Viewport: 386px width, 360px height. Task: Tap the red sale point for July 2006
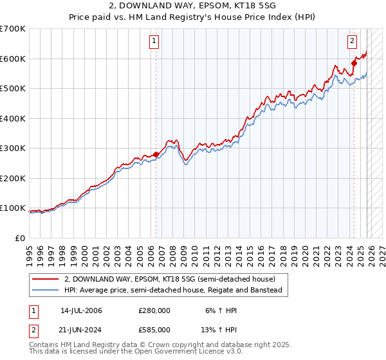156,154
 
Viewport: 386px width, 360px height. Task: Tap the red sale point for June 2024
354,63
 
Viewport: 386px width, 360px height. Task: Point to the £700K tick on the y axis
13,29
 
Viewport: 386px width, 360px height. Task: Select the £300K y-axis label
13,148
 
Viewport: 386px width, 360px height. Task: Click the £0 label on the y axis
21,238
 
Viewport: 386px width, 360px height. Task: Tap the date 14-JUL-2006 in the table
81,310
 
